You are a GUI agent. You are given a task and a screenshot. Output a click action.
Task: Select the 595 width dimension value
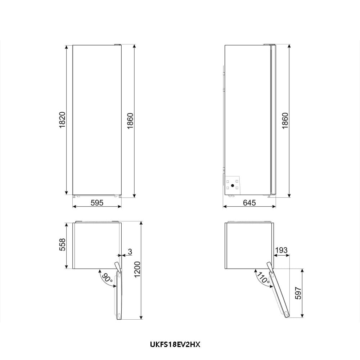tap(97, 203)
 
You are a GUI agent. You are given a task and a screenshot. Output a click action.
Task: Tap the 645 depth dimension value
tap(249, 203)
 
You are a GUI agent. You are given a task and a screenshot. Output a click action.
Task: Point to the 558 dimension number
tap(62, 245)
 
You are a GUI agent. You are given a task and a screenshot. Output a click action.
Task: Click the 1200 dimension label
tap(136, 270)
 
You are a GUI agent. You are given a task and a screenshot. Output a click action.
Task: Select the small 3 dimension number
tap(129, 252)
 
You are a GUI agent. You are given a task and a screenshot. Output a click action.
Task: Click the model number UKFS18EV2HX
tap(175, 345)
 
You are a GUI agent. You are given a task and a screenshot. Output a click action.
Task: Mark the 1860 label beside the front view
tap(130, 121)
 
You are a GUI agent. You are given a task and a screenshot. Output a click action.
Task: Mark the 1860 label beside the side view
tap(285, 121)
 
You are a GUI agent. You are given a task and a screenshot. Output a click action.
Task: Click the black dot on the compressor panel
tap(232, 186)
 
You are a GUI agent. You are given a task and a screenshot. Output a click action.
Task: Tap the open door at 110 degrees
tap(279, 292)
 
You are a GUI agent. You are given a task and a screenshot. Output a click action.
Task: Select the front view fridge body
tap(97, 120)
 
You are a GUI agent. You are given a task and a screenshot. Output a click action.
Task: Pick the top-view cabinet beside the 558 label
tap(97, 246)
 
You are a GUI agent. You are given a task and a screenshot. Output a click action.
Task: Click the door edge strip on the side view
tap(273, 120)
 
